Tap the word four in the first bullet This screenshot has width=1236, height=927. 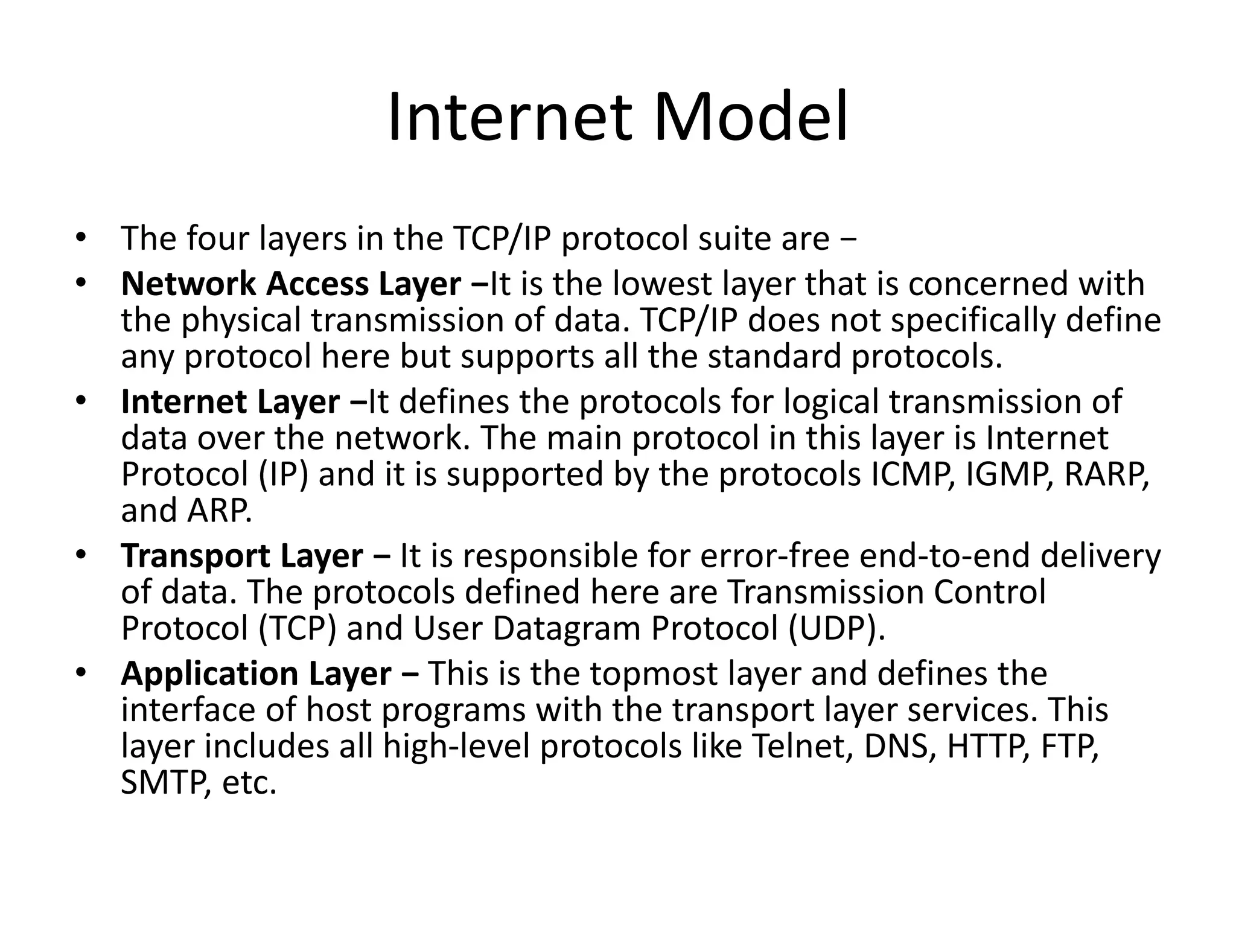coord(217,238)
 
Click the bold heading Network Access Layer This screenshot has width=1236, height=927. coord(291,284)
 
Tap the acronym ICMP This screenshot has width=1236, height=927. coord(913,474)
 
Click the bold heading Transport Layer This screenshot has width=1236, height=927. coord(242,556)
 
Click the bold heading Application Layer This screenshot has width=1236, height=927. coord(256,674)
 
